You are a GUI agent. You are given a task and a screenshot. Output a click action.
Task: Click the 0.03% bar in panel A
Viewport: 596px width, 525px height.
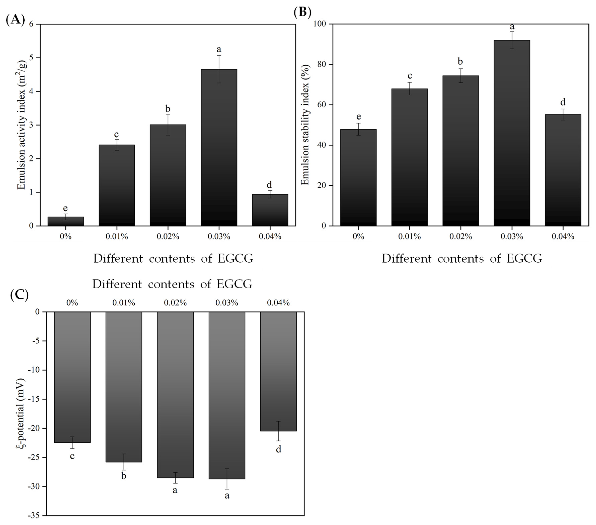219,147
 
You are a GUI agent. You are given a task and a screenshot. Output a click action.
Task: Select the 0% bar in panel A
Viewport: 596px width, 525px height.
66,221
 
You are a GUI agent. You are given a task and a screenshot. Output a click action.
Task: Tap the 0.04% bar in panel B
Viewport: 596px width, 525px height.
563,170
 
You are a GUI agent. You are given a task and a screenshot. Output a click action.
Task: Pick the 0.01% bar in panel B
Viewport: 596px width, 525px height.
409,157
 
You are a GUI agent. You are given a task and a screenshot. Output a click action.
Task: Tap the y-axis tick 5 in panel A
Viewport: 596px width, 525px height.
31,58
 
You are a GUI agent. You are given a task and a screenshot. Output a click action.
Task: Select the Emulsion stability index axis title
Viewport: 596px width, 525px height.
305,125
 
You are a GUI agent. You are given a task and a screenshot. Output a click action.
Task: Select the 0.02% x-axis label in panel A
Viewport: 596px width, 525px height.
168,237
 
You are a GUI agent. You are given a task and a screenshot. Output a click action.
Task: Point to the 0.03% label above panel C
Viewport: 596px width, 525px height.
227,303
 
